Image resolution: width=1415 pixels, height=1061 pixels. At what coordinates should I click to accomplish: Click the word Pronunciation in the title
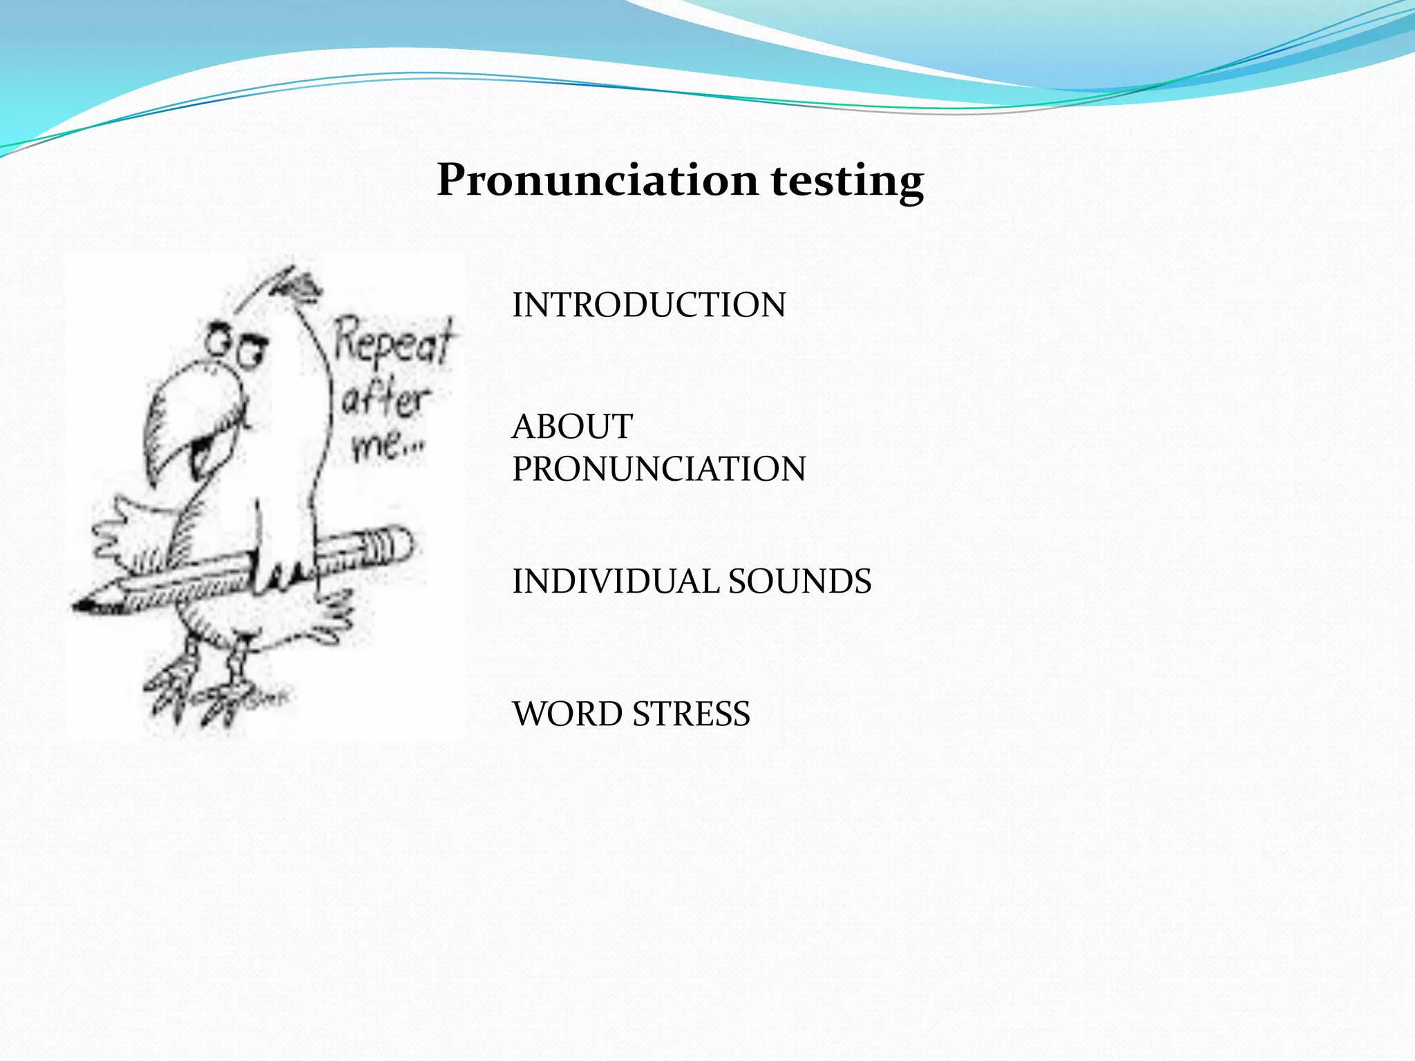pyautogui.click(x=599, y=180)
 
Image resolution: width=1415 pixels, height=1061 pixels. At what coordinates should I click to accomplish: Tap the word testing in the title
pyautogui.click(x=847, y=182)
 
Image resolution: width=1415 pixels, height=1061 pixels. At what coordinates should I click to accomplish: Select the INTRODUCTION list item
pyautogui.click(x=649, y=305)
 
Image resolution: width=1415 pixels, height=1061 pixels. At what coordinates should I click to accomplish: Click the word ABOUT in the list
pyautogui.click(x=572, y=426)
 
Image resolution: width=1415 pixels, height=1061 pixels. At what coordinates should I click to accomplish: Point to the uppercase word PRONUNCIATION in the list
pyautogui.click(x=658, y=469)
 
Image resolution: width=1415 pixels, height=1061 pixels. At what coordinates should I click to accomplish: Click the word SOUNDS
pyautogui.click(x=799, y=582)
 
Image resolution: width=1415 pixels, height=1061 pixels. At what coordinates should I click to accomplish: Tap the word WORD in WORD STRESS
pyautogui.click(x=567, y=714)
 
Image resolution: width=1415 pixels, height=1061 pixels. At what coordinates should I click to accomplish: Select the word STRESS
pyautogui.click(x=691, y=714)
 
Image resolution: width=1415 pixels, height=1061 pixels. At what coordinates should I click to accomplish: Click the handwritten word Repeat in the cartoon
pyautogui.click(x=394, y=340)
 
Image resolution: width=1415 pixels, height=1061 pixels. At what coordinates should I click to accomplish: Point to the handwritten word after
pyautogui.click(x=384, y=399)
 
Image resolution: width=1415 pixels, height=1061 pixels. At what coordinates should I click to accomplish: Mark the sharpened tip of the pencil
pyautogui.click(x=86, y=606)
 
